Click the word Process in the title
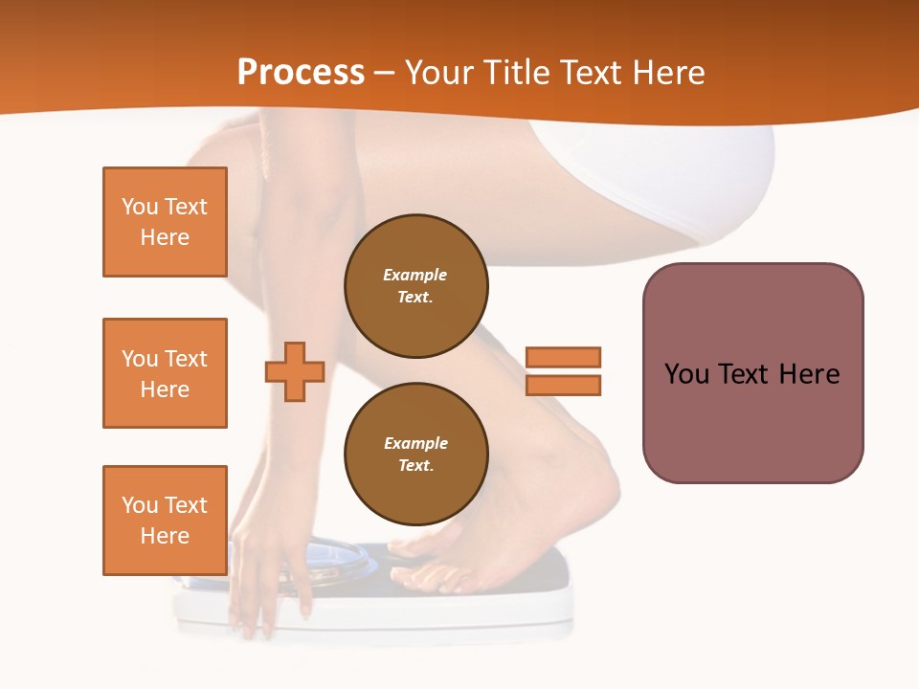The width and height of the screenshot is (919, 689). click(301, 73)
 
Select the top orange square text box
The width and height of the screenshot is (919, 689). click(165, 222)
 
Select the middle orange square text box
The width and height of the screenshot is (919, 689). click(165, 373)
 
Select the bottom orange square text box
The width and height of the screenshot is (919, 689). click(165, 521)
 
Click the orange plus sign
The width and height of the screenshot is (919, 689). click(295, 371)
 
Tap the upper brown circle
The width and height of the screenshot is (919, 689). click(415, 285)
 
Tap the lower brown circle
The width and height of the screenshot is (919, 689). click(415, 454)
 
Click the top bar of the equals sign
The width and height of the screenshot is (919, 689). click(563, 357)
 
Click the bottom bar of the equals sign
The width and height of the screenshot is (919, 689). click(563, 386)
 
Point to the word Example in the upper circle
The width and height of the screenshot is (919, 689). click(415, 275)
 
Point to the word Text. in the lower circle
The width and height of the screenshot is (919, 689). click(415, 466)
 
